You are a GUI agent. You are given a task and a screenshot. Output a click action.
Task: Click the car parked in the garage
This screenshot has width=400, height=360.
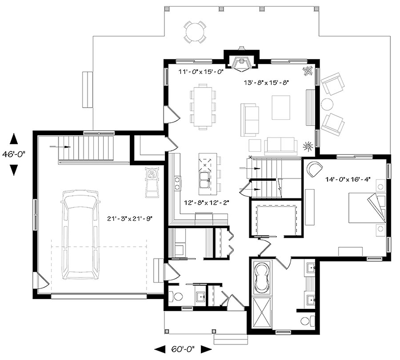click(x=80, y=235)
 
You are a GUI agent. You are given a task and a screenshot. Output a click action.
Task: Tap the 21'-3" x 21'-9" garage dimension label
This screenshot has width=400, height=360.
click(x=130, y=218)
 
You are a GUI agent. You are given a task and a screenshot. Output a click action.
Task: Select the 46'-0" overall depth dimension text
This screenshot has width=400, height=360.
click(x=14, y=154)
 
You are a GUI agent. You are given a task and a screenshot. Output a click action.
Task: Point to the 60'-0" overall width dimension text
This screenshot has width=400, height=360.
click(x=183, y=349)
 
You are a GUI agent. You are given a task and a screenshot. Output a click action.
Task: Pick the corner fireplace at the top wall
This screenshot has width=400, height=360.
click(x=241, y=63)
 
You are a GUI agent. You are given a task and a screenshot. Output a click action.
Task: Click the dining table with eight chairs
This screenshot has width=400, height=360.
click(x=203, y=107)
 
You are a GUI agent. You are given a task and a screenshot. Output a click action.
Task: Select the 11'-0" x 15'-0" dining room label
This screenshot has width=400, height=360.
click(x=201, y=72)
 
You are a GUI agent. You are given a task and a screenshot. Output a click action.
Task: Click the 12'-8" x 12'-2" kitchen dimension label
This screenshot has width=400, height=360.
click(x=207, y=203)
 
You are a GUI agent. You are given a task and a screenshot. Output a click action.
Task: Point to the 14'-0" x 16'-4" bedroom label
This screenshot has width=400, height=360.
click(x=348, y=179)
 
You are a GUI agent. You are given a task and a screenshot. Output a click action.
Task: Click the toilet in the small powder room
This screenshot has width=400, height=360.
click(x=176, y=296)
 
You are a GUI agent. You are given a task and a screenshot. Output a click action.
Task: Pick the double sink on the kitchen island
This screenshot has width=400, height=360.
click(x=205, y=180)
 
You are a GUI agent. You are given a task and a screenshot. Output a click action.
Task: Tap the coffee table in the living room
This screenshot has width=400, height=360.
click(x=281, y=107)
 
